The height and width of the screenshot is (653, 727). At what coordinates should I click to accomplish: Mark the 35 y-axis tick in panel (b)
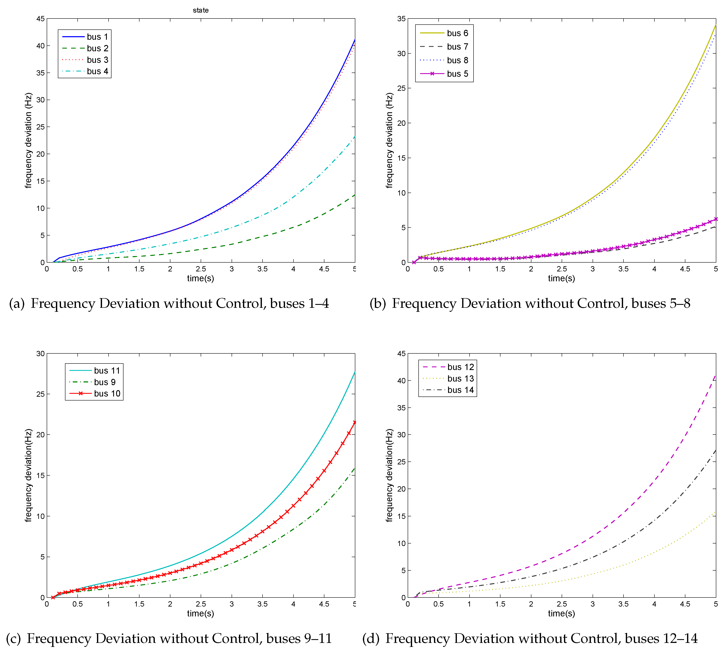point(401,19)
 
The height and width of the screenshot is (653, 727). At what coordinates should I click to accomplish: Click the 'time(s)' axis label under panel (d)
point(561,613)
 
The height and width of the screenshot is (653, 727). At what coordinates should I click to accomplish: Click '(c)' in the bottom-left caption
point(13,638)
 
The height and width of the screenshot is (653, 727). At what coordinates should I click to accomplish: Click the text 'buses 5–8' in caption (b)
point(661,304)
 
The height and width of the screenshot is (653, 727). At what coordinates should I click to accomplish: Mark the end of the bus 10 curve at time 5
point(355,422)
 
